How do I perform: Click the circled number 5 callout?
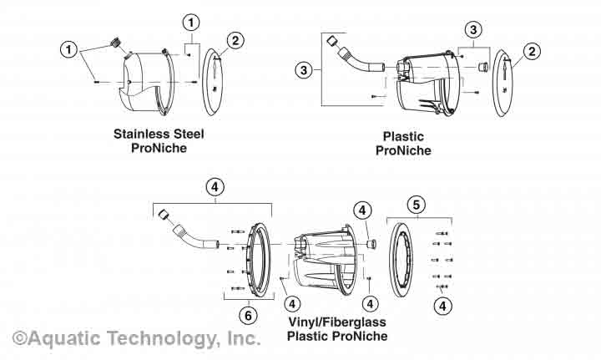pyautogui.click(x=417, y=204)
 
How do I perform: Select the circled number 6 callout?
pyautogui.click(x=246, y=315)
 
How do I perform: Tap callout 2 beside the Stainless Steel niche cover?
pyautogui.click(x=236, y=40)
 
